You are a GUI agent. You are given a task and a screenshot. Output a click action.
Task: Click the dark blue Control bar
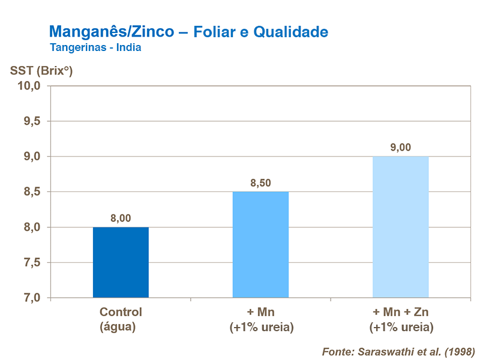pyautogui.click(x=121, y=262)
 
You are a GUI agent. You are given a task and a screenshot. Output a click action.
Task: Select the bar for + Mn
pyautogui.click(x=260, y=244)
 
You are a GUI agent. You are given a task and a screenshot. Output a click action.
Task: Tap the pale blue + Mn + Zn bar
pyautogui.click(x=400, y=227)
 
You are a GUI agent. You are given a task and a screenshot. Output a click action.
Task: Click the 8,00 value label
pyautogui.click(x=121, y=218)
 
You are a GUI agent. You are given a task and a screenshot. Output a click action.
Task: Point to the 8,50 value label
pyautogui.click(x=260, y=183)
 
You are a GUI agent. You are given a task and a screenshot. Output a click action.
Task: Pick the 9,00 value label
pyautogui.click(x=400, y=148)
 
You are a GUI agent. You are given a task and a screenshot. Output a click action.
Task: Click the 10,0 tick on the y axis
pyautogui.click(x=28, y=86)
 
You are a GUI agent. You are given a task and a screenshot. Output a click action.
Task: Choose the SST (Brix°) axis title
pyautogui.click(x=41, y=70)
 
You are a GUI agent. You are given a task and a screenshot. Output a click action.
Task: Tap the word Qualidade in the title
pyautogui.click(x=290, y=32)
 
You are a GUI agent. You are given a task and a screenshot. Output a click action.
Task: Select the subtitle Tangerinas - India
pyautogui.click(x=96, y=47)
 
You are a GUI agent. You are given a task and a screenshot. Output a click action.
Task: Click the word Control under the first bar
pyautogui.click(x=121, y=312)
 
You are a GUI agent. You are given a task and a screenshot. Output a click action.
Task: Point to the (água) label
pyautogui.click(x=121, y=327)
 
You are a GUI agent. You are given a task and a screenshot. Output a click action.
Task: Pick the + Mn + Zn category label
pyautogui.click(x=400, y=312)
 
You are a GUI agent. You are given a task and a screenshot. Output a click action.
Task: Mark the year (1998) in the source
pyautogui.click(x=455, y=350)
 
